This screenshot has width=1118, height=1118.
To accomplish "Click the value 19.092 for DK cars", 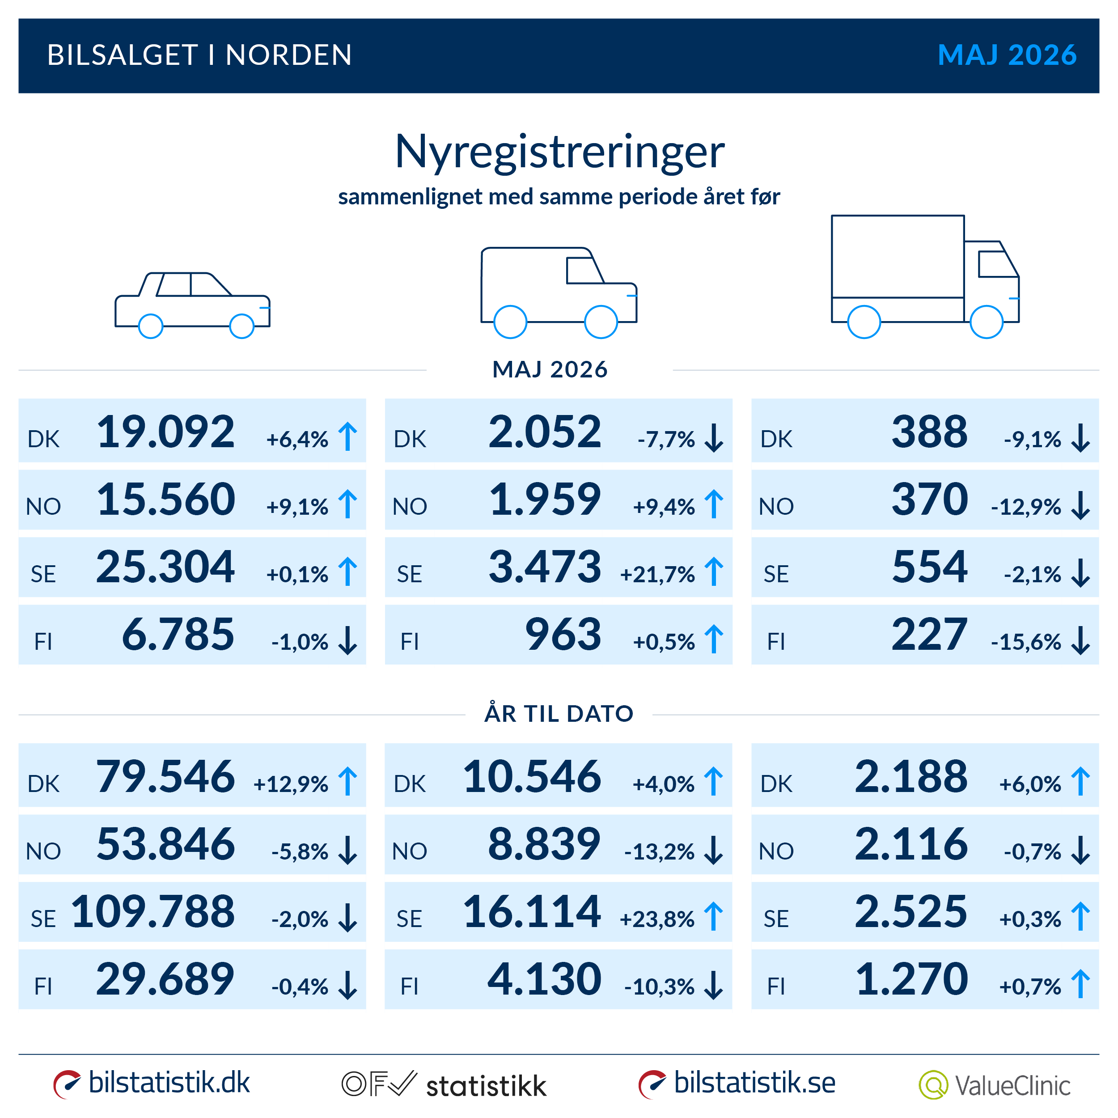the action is [x=165, y=432].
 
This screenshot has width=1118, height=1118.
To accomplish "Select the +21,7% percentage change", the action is [x=657, y=574].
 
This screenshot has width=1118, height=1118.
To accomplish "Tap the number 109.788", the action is [x=153, y=911].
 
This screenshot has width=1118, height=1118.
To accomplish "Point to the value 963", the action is [x=563, y=634].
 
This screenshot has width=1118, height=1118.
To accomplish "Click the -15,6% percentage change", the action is [x=1026, y=642].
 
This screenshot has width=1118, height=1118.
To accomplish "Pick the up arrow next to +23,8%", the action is [x=713, y=917].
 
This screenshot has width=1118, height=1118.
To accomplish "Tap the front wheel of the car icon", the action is [x=242, y=326].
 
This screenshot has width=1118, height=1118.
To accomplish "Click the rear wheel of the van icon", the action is [x=510, y=322].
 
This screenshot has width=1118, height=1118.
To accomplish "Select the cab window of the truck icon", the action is [x=998, y=264].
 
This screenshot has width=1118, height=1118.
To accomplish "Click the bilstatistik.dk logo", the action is [x=152, y=1083].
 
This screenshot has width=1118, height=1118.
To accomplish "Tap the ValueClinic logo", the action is [x=994, y=1085].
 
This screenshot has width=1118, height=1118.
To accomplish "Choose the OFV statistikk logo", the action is [x=444, y=1085].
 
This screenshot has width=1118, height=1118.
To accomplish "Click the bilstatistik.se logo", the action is [x=737, y=1083].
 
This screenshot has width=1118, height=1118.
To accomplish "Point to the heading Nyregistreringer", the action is [x=559, y=152].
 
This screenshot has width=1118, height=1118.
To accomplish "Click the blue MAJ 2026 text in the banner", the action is [x=1007, y=55].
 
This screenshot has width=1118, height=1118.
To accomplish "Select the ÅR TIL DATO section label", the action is [x=559, y=713].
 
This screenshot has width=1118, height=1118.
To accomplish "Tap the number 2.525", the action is [x=911, y=911].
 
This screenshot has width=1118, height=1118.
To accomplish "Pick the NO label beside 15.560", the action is [x=43, y=507].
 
